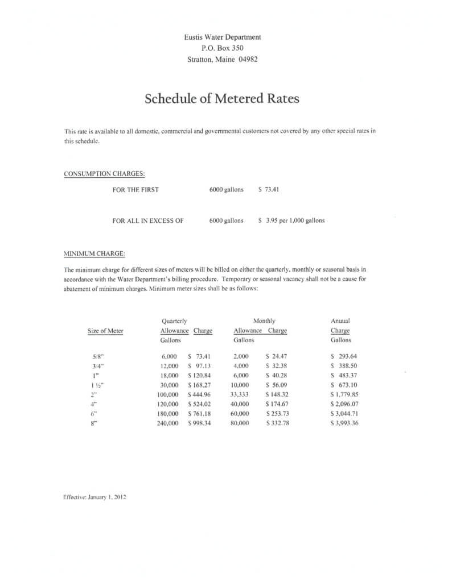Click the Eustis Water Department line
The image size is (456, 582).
click(222, 37)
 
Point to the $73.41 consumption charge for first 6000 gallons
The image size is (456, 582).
click(268, 189)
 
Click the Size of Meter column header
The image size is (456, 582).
click(105, 331)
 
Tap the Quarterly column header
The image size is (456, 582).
click(175, 321)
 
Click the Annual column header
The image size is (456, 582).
click(340, 321)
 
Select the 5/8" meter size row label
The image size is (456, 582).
click(97, 356)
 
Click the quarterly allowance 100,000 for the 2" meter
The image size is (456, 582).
click(168, 394)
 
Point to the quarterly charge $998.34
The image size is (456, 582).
click(199, 423)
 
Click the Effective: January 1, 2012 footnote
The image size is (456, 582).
click(95, 496)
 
